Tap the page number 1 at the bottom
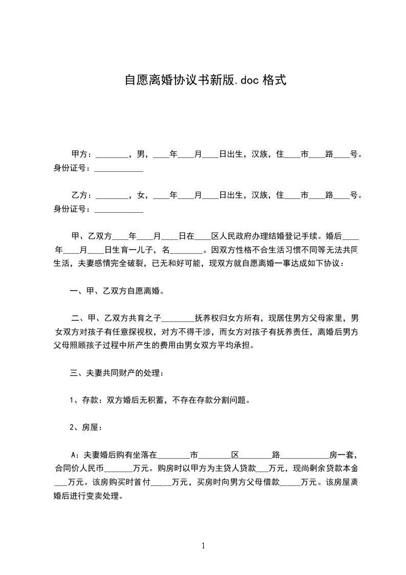click(x=203, y=545)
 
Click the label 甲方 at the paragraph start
click(x=78, y=154)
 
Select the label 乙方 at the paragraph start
click(x=78, y=195)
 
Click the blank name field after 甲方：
click(x=112, y=155)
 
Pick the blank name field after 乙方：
click(x=112, y=196)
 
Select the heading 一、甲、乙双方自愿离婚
click(x=117, y=292)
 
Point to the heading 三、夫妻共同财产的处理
click(x=117, y=373)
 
